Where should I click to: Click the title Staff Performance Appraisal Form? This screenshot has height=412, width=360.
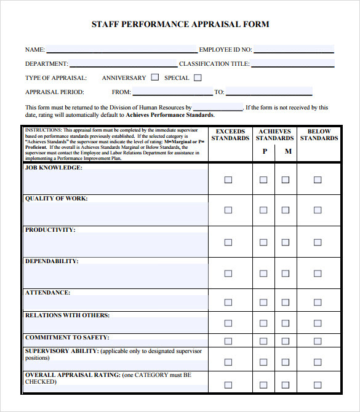(x=180, y=25)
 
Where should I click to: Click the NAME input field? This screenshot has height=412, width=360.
(x=122, y=49)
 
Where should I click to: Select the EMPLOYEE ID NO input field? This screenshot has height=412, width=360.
(x=294, y=49)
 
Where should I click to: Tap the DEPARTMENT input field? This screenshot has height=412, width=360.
(x=123, y=63)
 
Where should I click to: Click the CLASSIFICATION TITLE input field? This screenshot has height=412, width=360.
(x=292, y=63)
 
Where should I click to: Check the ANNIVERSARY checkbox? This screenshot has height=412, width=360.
(x=155, y=77)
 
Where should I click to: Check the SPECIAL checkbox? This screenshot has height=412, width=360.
(x=198, y=77)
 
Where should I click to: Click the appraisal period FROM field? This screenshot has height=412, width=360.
(x=172, y=92)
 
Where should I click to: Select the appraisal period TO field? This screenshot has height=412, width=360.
(x=269, y=92)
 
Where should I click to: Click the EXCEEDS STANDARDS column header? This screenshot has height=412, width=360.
(x=230, y=135)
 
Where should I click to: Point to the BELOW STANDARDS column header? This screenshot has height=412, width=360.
(x=319, y=135)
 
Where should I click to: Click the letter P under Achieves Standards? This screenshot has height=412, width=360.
(x=264, y=151)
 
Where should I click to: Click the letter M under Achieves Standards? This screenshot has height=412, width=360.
(x=287, y=151)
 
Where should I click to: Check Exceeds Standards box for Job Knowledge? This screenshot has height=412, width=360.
(x=228, y=180)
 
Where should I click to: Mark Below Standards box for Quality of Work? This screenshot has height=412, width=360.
(x=318, y=210)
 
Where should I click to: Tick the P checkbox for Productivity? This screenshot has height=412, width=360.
(x=263, y=241)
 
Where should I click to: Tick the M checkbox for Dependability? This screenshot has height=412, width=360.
(x=286, y=272)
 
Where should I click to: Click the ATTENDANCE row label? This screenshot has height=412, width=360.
(x=47, y=293)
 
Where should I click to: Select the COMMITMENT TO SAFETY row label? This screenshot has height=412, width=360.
(x=67, y=337)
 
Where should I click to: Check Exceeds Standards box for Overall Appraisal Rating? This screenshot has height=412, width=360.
(x=228, y=385)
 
